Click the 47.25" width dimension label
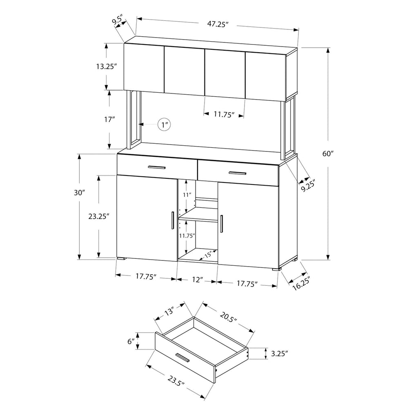click(x=218, y=24)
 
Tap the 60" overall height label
click(x=328, y=154)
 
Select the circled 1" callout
click(x=164, y=125)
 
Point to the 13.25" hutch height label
click(x=107, y=67)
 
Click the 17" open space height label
click(x=109, y=120)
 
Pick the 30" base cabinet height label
click(x=79, y=193)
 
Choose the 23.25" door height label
click(x=99, y=216)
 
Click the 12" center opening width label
click(x=198, y=280)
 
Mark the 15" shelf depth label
click(x=208, y=254)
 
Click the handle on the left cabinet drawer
click(x=157, y=167)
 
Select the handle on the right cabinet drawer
click(x=237, y=173)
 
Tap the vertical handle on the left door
click(x=173, y=220)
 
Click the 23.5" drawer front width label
click(x=176, y=380)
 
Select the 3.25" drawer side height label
click(x=280, y=354)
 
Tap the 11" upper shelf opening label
click(x=187, y=195)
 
